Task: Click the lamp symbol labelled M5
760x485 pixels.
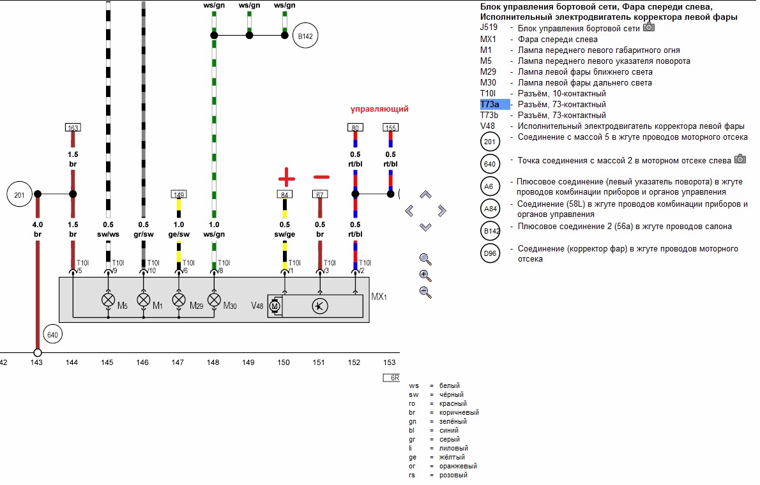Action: (108, 300)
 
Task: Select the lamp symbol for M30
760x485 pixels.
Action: (214, 300)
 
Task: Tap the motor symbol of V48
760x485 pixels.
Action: (275, 306)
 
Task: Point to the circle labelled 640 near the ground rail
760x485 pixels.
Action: (52, 334)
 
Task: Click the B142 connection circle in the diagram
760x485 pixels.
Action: (305, 36)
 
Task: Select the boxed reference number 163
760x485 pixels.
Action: (73, 128)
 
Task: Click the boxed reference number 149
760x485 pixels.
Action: (179, 194)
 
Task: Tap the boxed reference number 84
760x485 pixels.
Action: (284, 194)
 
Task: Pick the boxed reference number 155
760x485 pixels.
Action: (390, 128)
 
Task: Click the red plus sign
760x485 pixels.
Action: (285, 177)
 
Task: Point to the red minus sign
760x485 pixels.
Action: (321, 177)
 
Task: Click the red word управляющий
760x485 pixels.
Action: (379, 109)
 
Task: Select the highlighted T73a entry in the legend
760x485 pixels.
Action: (494, 104)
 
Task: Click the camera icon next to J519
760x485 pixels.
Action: (649, 27)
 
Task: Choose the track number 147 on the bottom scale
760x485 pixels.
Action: (178, 362)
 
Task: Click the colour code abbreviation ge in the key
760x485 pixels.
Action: (413, 457)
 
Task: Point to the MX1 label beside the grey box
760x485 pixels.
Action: (380, 298)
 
